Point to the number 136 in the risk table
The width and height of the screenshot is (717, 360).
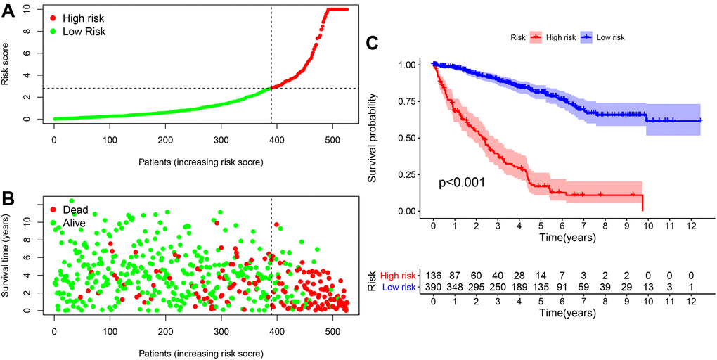pos(433,275)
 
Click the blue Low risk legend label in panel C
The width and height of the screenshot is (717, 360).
pos(609,37)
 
